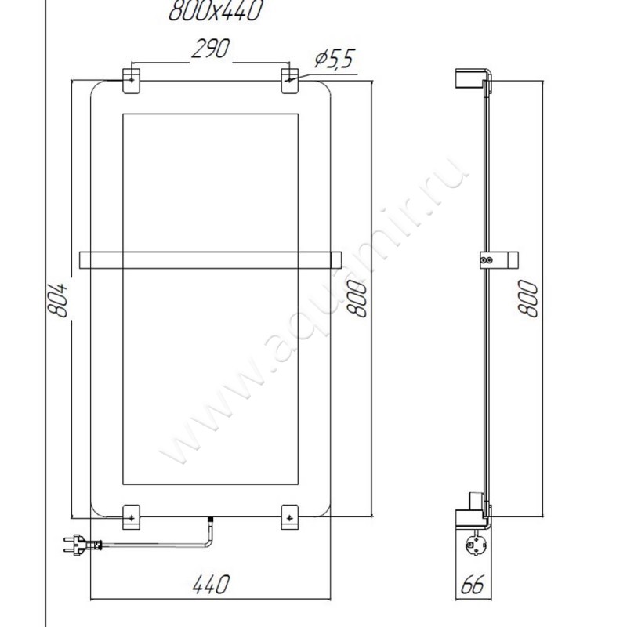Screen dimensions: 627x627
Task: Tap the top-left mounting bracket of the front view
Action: click(131, 81)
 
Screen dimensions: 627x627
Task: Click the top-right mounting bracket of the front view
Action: click(290, 81)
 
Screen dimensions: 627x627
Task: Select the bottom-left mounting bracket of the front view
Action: click(131, 515)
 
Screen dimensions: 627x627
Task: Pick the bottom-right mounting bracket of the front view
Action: click(290, 515)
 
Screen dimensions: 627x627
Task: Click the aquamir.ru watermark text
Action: click(313, 313)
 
